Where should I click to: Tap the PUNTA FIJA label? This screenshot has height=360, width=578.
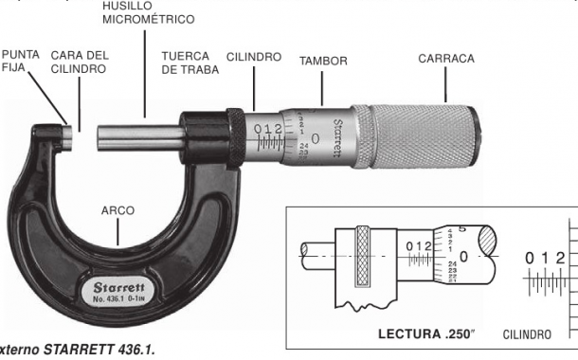[x=20, y=62]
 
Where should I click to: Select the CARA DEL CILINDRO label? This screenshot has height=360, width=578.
[x=79, y=62]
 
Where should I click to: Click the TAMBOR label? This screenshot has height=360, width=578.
[x=323, y=61]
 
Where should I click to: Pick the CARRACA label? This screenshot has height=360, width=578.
[x=446, y=59]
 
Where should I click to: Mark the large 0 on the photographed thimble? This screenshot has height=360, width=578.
[x=315, y=137]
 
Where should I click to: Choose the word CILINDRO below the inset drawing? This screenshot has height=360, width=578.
[x=526, y=334]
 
